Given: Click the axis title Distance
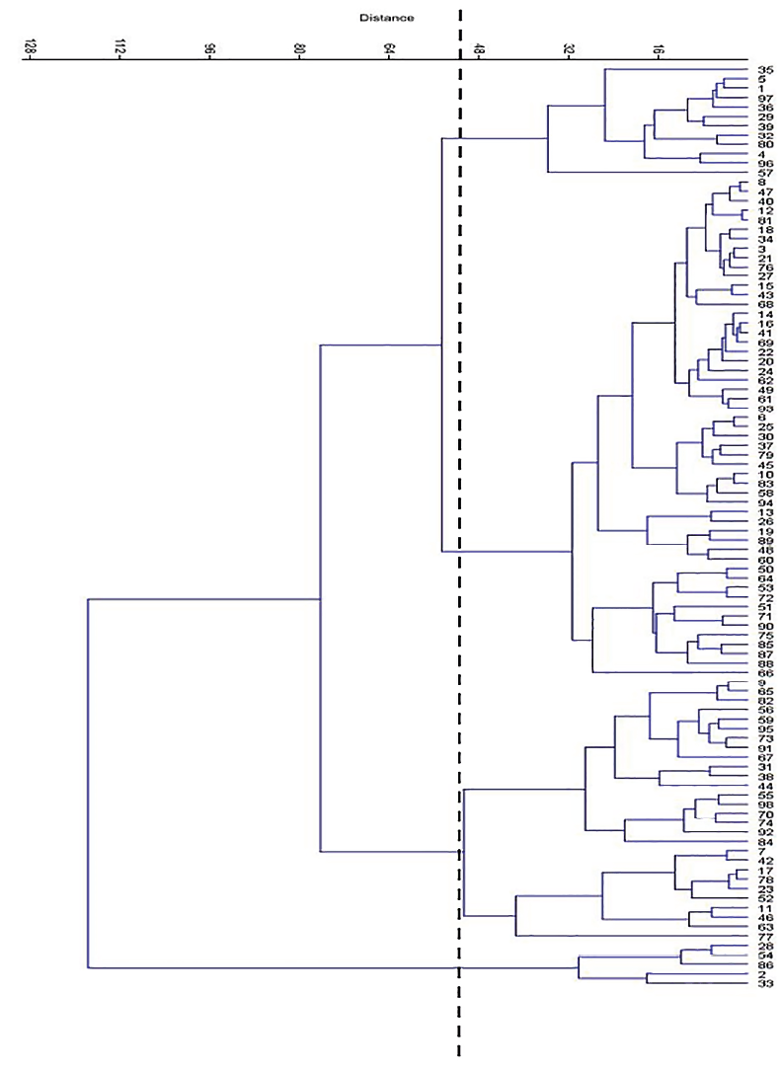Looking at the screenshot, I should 387,18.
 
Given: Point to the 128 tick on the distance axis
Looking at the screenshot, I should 31,46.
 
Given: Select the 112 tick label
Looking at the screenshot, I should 120,46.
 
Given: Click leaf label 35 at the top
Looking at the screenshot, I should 765,70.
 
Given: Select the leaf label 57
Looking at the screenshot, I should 765,173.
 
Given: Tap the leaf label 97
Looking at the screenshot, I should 765,98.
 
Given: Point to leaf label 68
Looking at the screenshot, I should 765,304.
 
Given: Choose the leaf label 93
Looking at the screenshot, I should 765,408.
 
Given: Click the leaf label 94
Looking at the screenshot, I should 765,502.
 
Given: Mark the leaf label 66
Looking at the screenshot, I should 765,672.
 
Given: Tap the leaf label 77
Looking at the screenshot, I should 765,936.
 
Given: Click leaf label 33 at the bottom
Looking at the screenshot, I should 765,983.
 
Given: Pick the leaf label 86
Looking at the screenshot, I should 765,964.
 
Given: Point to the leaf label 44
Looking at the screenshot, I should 765,785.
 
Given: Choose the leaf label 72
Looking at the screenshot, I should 765,597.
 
